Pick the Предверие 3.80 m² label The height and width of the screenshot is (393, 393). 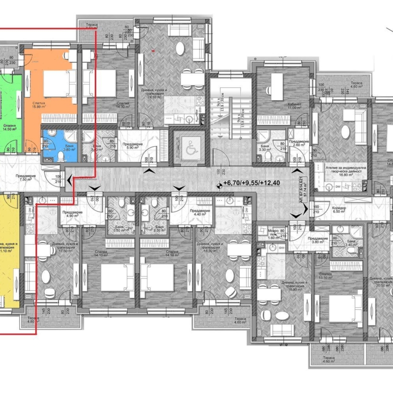[x=318, y=240]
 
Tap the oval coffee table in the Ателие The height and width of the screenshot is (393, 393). [x=345, y=132]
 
